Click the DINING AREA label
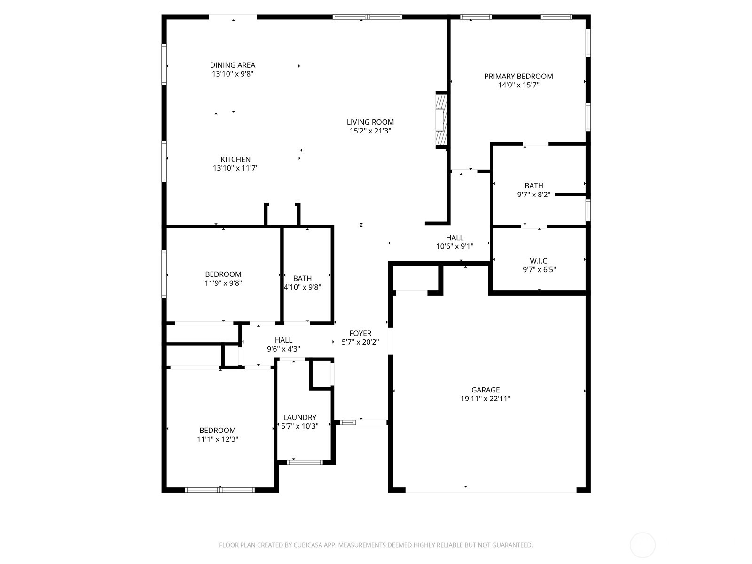233,65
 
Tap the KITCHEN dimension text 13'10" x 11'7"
235,168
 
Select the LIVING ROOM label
370,122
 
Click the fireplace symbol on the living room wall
440,120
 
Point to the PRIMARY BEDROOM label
518,76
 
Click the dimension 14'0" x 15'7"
518,85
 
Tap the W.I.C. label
539,261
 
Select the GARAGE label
486,390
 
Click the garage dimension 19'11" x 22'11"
486,399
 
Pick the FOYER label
360,333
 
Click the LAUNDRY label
300,417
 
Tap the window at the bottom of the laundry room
305,462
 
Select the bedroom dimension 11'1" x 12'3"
218,439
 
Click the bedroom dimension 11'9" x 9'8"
223,283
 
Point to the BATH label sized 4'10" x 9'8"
302,278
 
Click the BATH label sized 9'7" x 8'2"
534,186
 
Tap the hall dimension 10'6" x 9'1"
454,246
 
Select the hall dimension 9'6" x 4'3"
283,349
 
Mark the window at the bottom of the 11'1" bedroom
220,490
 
